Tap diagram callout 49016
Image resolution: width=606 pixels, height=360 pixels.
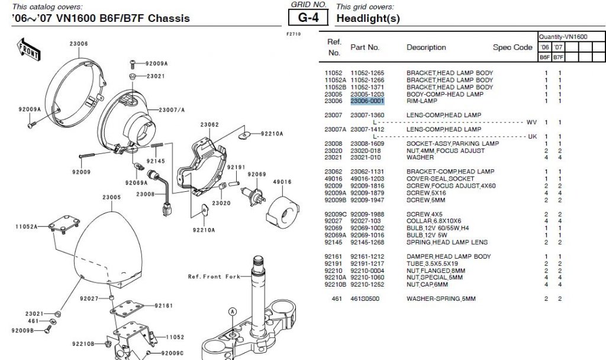[x=282, y=182]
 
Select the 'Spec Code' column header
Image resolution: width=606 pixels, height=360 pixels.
[x=512, y=47]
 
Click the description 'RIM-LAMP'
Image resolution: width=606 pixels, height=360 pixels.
[x=421, y=101]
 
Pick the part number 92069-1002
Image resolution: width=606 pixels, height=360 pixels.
[x=368, y=228]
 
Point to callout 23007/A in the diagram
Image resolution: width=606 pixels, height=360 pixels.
[x=172, y=110]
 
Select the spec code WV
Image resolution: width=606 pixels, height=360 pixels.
[x=531, y=122]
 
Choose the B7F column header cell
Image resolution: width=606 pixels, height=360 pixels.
[x=557, y=57]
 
